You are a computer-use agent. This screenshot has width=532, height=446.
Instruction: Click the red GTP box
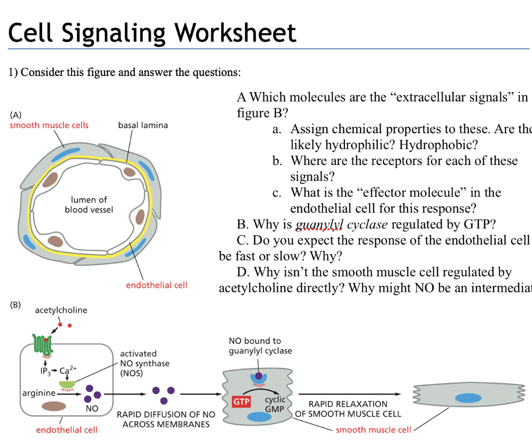241,402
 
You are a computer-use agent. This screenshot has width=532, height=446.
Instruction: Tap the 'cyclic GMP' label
274,404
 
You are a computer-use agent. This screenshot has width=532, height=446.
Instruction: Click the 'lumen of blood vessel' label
89,205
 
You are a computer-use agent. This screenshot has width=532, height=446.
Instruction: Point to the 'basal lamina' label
143,125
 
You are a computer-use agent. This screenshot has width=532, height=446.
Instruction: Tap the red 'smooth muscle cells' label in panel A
49,125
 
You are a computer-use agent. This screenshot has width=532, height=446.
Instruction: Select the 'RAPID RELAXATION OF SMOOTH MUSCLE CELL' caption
348,409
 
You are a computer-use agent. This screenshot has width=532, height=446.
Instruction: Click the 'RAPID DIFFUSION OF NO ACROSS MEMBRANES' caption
166,419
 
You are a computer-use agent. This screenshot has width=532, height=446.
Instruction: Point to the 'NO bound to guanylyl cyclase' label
260,346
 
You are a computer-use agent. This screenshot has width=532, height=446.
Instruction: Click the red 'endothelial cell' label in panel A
156,285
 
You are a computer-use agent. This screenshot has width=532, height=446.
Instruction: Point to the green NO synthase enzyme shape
67,385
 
